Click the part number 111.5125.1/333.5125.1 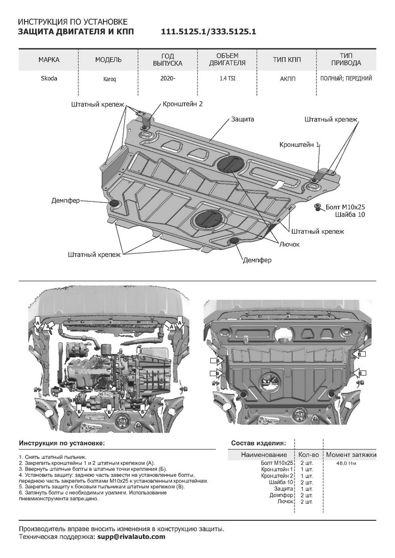coord(208,32)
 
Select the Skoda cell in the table coord(49,78)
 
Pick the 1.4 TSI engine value coord(228,79)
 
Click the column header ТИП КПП coord(287,60)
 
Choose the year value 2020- coord(167,78)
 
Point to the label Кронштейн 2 coord(183,104)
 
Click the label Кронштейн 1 coord(299,145)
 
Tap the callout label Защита coord(242,119)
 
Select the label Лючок coord(289,244)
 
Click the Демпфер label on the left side coord(66,200)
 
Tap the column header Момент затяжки coord(351,455)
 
